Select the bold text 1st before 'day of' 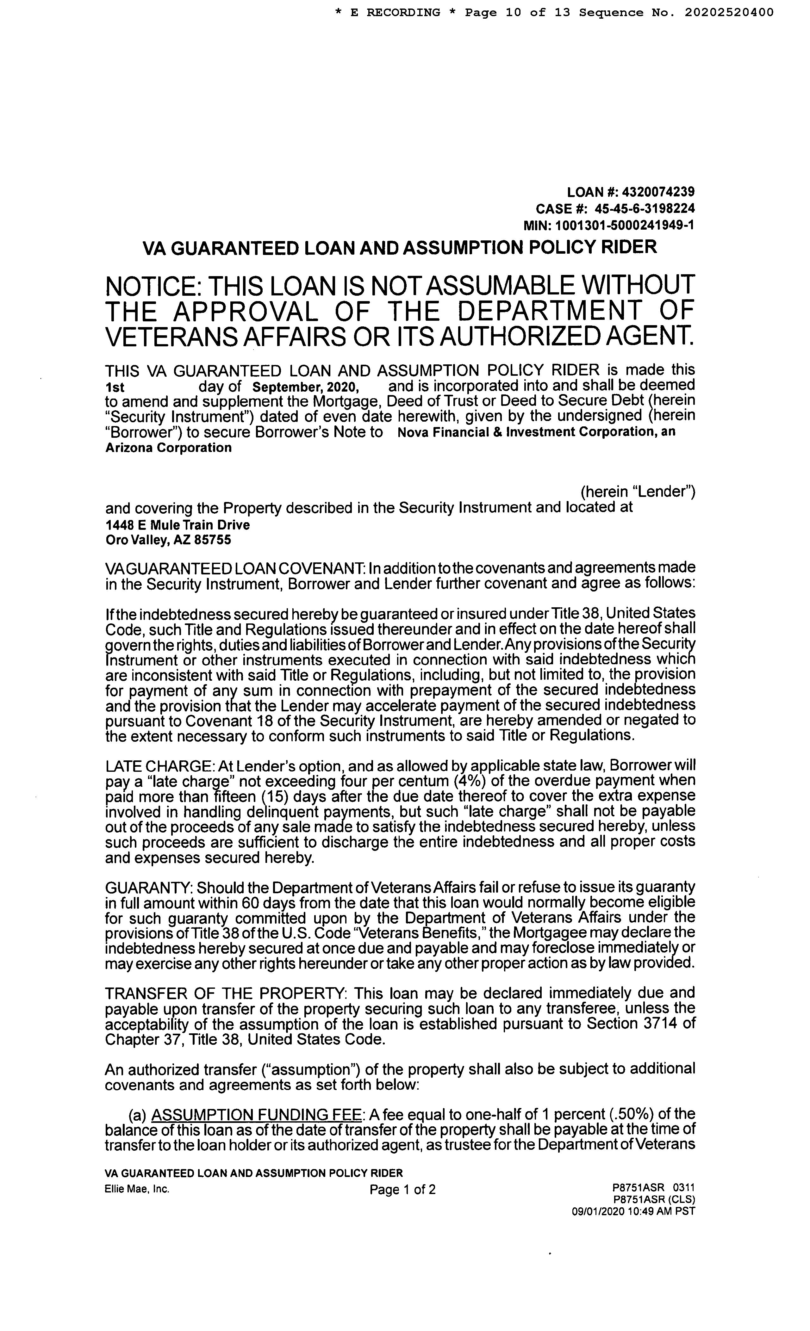[x=115, y=387]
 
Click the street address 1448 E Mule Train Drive [x=177, y=524]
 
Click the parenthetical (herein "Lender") [x=638, y=492]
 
